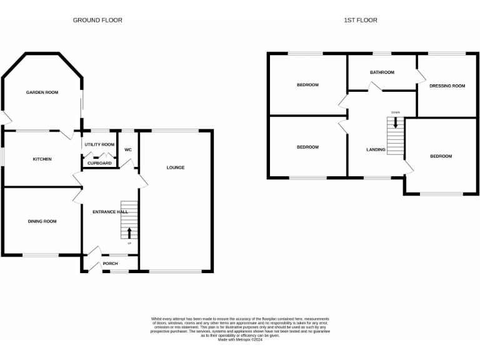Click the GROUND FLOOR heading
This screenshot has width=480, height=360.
coord(97,20)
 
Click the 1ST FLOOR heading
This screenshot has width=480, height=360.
coord(361,20)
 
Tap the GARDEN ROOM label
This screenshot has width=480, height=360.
coord(42,92)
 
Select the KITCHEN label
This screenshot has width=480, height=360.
coord(42,159)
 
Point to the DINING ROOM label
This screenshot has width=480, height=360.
coord(42,221)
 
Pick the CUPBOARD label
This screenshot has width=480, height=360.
coord(99,163)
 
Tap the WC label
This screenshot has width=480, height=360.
coord(128,150)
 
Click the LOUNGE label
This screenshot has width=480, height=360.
coord(176,167)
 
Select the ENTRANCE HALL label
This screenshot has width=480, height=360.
coord(110,212)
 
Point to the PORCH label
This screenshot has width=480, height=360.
coord(111,263)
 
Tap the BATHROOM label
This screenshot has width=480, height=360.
coord(382,72)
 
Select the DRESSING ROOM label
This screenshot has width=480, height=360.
coord(447,86)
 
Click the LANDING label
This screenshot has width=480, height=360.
coord(376,150)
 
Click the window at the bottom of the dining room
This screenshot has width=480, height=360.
coord(41,254)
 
